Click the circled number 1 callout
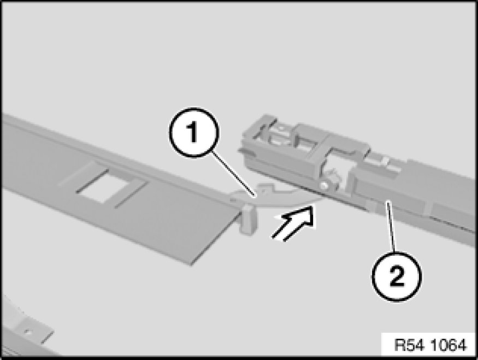(x=194, y=132)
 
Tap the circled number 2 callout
(x=397, y=276)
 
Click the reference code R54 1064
(x=430, y=345)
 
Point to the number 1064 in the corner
(x=449, y=345)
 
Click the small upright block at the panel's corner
(x=248, y=220)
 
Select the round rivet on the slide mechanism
(x=324, y=185)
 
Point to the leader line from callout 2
(x=391, y=227)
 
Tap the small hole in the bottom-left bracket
(x=28, y=332)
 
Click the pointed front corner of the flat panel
(x=191, y=264)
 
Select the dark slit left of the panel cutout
(x=92, y=181)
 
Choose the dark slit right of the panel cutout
(x=132, y=195)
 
